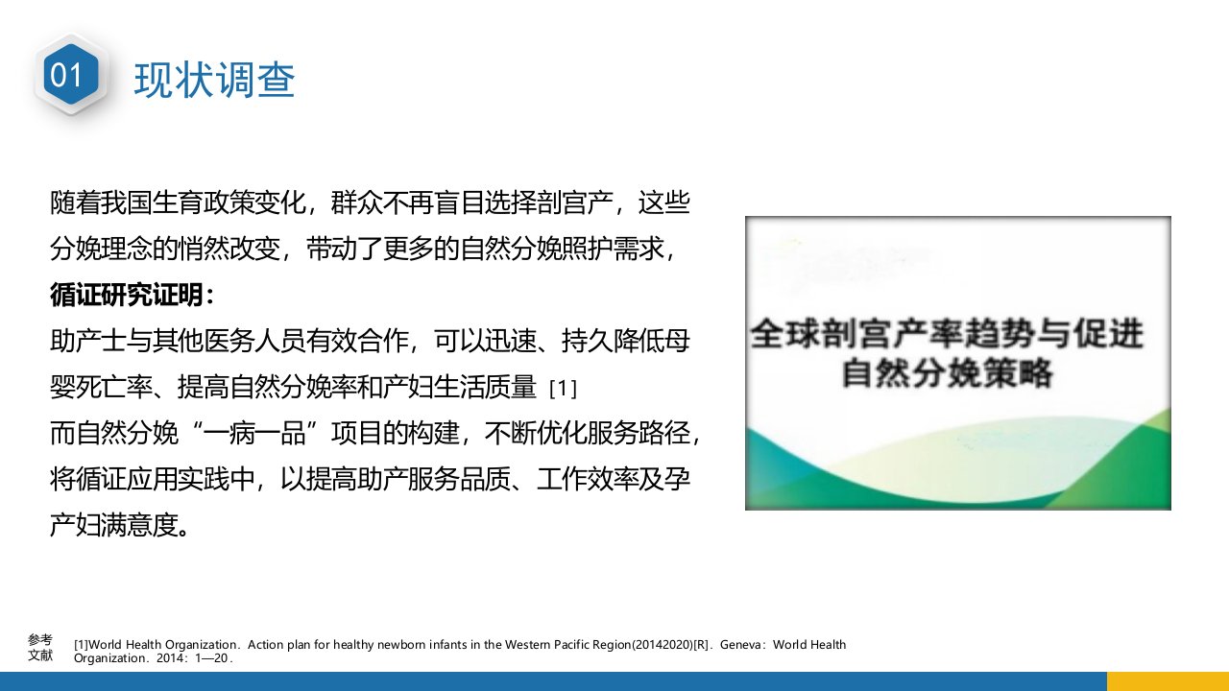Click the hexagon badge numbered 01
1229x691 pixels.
(71, 75)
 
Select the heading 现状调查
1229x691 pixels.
(214, 80)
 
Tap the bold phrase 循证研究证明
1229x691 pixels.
(127, 295)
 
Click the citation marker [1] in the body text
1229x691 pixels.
(563, 389)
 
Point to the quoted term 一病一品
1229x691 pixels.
(254, 433)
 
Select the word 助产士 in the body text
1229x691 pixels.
(88, 341)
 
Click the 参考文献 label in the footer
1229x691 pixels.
(40, 648)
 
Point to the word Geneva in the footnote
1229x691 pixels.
(740, 645)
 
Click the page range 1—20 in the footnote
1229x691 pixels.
(211, 658)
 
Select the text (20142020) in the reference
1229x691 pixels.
(663, 645)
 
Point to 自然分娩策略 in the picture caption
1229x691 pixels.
(947, 373)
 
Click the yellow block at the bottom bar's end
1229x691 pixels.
(1168, 681)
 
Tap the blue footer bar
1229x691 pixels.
(553, 681)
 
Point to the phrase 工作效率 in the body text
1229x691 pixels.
(588, 479)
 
